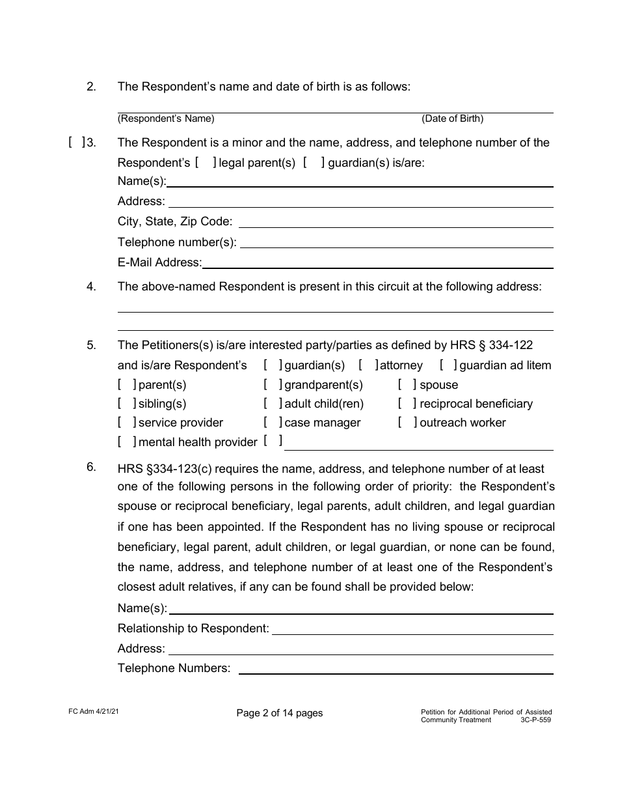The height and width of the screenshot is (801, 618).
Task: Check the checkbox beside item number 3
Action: pyautogui.click(x=76, y=143)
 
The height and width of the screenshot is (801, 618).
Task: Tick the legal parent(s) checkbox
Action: pyautogui.click(x=206, y=162)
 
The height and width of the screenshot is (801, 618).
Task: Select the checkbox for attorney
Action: pyautogui.click(x=368, y=365)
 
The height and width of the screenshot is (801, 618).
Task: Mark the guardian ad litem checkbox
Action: pyautogui.click(x=448, y=365)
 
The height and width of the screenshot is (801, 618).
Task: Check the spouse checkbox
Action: pyautogui.click(x=408, y=385)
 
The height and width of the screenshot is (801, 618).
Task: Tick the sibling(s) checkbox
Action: pyautogui.click(x=127, y=404)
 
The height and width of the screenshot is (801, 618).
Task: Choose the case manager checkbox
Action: pyautogui.click(x=273, y=423)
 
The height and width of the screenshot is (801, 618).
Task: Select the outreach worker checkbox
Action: pyautogui.click(x=408, y=423)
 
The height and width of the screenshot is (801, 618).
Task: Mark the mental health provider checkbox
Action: pyautogui.click(x=127, y=442)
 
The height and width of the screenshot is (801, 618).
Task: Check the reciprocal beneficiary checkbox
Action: pyautogui.click(x=408, y=404)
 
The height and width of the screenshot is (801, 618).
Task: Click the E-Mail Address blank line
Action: pyautogui.click(x=377, y=262)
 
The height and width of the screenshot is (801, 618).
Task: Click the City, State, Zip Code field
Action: pyautogui.click(x=396, y=222)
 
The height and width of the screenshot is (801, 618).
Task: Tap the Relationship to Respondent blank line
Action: pyautogui.click(x=412, y=629)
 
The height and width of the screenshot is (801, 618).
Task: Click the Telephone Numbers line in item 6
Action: pyautogui.click(x=396, y=669)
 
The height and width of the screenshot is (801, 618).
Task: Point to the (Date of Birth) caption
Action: pyautogui.click(x=452, y=119)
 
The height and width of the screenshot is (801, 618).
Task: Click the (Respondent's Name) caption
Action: pyautogui.click(x=166, y=119)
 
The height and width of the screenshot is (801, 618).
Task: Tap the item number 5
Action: pyautogui.click(x=92, y=346)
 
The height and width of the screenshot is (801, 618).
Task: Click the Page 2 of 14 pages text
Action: pyautogui.click(x=280, y=713)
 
